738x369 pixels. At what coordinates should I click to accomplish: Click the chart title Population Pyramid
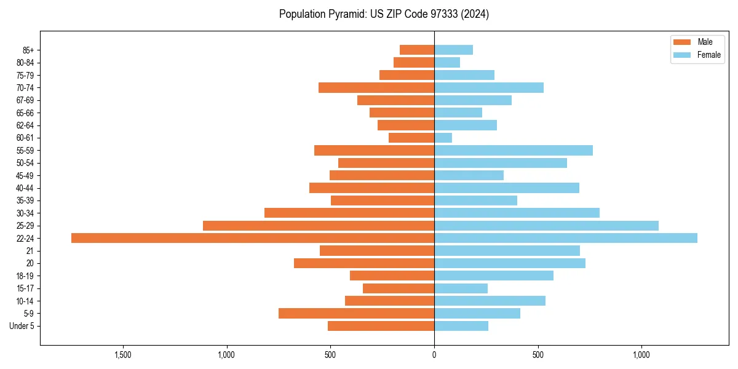[x=384, y=14]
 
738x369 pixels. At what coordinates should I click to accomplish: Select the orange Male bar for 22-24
[x=253, y=238]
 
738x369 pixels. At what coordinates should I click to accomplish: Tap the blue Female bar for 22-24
[x=566, y=238]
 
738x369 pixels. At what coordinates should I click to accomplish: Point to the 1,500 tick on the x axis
[x=123, y=354]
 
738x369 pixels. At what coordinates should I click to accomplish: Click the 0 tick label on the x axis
[x=434, y=354]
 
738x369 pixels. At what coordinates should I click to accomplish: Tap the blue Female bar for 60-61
[x=443, y=138]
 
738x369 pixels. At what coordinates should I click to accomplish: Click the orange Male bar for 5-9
[x=357, y=313]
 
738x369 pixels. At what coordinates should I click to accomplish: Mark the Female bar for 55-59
[x=514, y=150]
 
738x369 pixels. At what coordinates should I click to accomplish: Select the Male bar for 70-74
[x=376, y=87]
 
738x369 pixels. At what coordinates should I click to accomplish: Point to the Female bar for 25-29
[x=546, y=226]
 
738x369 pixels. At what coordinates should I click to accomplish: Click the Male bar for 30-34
[x=349, y=213]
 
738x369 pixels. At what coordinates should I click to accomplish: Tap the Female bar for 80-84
[x=447, y=62]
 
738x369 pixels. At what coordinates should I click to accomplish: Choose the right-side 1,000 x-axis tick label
[x=641, y=354]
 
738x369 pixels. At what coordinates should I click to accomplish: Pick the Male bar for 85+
[x=417, y=50]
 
